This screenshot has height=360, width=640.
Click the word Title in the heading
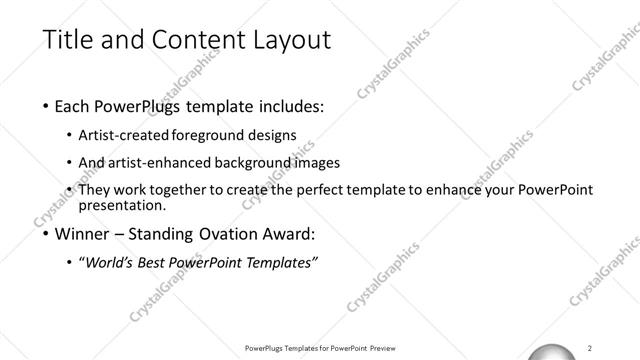pos(69,40)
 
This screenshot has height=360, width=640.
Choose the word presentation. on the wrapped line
pos(126,206)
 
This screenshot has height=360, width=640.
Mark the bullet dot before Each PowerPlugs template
pos(46,104)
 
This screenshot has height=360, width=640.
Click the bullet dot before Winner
pos(46,235)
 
